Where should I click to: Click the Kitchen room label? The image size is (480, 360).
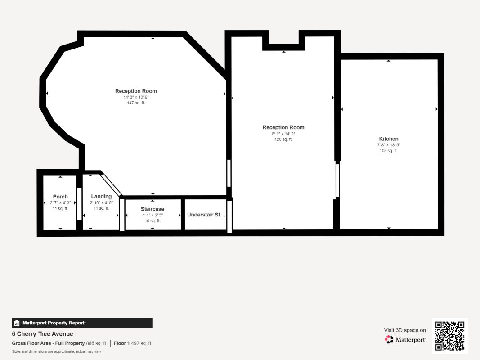tap(389, 139)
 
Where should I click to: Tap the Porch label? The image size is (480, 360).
tap(60, 197)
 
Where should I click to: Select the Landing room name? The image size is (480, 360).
tap(101, 196)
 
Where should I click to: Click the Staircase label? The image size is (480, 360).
tap(153, 209)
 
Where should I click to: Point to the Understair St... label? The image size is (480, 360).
tap(206, 215)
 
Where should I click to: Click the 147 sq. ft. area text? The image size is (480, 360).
tap(136, 103)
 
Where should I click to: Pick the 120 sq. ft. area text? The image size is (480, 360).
tap(283, 139)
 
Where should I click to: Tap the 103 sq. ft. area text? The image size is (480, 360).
tap(389, 151)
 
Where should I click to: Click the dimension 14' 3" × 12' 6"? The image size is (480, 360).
tap(136, 97)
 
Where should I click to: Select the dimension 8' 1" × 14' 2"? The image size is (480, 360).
tap(283, 134)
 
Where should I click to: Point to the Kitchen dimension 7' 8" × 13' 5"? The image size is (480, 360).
tap(389, 145)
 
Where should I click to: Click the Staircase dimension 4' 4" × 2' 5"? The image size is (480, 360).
tap(153, 215)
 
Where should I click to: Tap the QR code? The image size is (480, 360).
tap(450, 336)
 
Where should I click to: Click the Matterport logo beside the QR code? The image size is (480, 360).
tap(405, 339)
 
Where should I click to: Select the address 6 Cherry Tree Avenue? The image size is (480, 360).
tap(43, 334)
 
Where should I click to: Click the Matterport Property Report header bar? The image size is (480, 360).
tap(82, 323)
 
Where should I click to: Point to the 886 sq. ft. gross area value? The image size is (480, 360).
tap(96, 343)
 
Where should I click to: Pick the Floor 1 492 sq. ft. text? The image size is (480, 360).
tap(133, 343)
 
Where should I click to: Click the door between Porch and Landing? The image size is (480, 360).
tap(79, 203)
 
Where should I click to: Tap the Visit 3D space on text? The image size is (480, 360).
tap(405, 330)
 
